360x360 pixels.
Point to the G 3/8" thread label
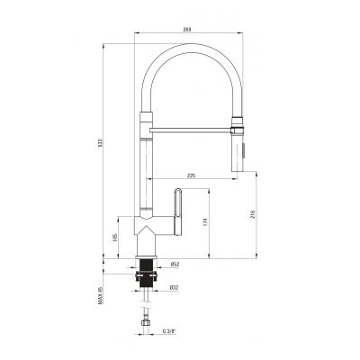[x=171, y=332]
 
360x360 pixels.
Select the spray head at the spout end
[x=238, y=149]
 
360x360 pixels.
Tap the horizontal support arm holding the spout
[x=189, y=130]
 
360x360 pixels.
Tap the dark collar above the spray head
[x=238, y=123]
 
